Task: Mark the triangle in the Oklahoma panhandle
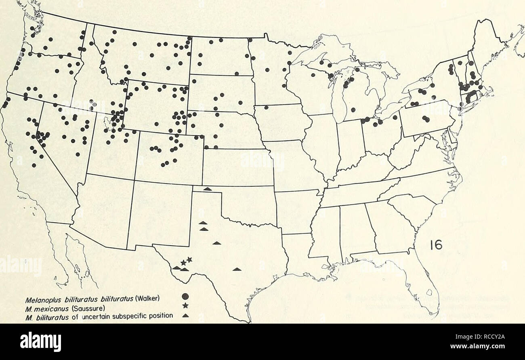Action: (x=207, y=189)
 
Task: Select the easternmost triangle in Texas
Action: (x=237, y=269)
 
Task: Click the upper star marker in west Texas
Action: (x=189, y=259)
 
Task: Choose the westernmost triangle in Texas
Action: (x=176, y=267)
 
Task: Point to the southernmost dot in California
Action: (x=34, y=165)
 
